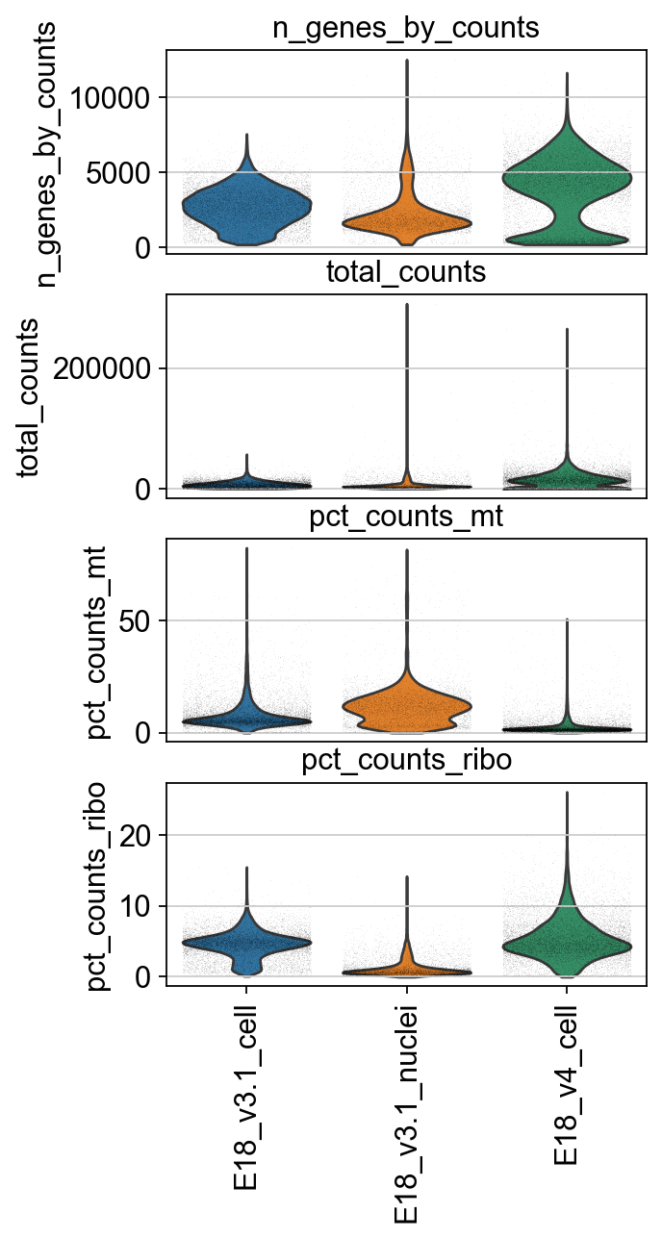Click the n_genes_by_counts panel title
coord(406,28)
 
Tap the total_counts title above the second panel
coord(406,272)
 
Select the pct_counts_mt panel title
coord(406,517)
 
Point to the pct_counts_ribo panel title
coord(406,761)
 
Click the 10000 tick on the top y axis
coord(108,98)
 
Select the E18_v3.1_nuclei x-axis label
coord(406,1111)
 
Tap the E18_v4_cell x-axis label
coord(566,1085)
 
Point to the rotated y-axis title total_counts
coord(29,396)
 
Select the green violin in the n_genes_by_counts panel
coord(566,173)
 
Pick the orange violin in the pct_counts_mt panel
coord(406,707)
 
